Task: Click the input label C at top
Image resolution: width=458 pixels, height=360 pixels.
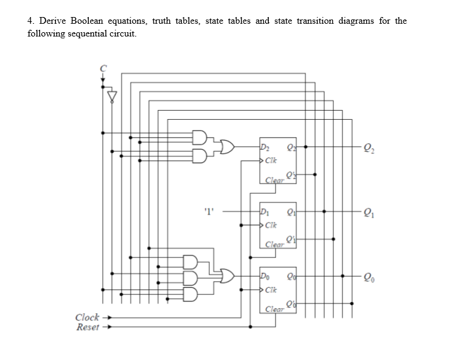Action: (103, 67)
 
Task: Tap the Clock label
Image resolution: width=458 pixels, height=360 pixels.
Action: (87, 317)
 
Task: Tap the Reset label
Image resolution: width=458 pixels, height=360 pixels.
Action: (87, 327)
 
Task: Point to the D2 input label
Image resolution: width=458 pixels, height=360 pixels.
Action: (265, 146)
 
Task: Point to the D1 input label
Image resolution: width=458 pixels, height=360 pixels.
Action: (265, 212)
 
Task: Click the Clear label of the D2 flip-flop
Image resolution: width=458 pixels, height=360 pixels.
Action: (276, 180)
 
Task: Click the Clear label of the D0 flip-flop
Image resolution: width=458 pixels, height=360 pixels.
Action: (276, 310)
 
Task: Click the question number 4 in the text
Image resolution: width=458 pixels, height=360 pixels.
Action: (31, 21)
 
